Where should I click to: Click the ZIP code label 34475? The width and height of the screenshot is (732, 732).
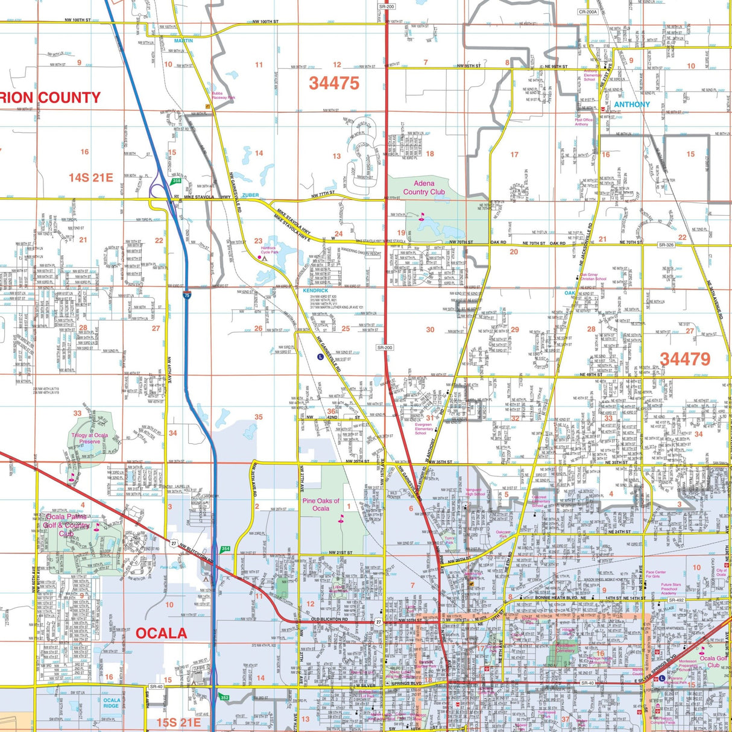click(x=334, y=83)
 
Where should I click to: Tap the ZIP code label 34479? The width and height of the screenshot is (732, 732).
click(x=685, y=359)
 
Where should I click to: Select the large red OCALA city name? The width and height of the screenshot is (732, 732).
click(x=161, y=633)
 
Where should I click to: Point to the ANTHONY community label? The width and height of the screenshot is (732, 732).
click(x=632, y=104)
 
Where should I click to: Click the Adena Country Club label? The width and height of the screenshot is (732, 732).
click(x=424, y=188)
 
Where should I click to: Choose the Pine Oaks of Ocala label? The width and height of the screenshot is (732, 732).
click(x=321, y=504)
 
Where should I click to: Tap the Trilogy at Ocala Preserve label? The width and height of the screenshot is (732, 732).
click(x=90, y=438)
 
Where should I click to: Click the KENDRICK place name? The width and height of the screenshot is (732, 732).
click(x=315, y=291)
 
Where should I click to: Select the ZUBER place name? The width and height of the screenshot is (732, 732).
click(x=250, y=195)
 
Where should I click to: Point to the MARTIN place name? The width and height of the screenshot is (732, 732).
click(x=183, y=41)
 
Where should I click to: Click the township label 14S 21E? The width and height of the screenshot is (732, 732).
click(x=90, y=177)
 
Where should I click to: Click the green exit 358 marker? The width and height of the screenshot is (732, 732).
click(x=176, y=180)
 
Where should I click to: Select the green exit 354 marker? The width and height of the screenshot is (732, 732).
click(x=225, y=549)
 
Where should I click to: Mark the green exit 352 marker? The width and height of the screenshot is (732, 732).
click(x=225, y=698)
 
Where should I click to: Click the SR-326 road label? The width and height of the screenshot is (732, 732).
click(x=666, y=245)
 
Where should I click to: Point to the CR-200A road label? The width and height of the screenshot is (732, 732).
click(x=588, y=11)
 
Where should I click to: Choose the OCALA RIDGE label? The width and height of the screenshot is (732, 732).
click(x=111, y=702)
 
